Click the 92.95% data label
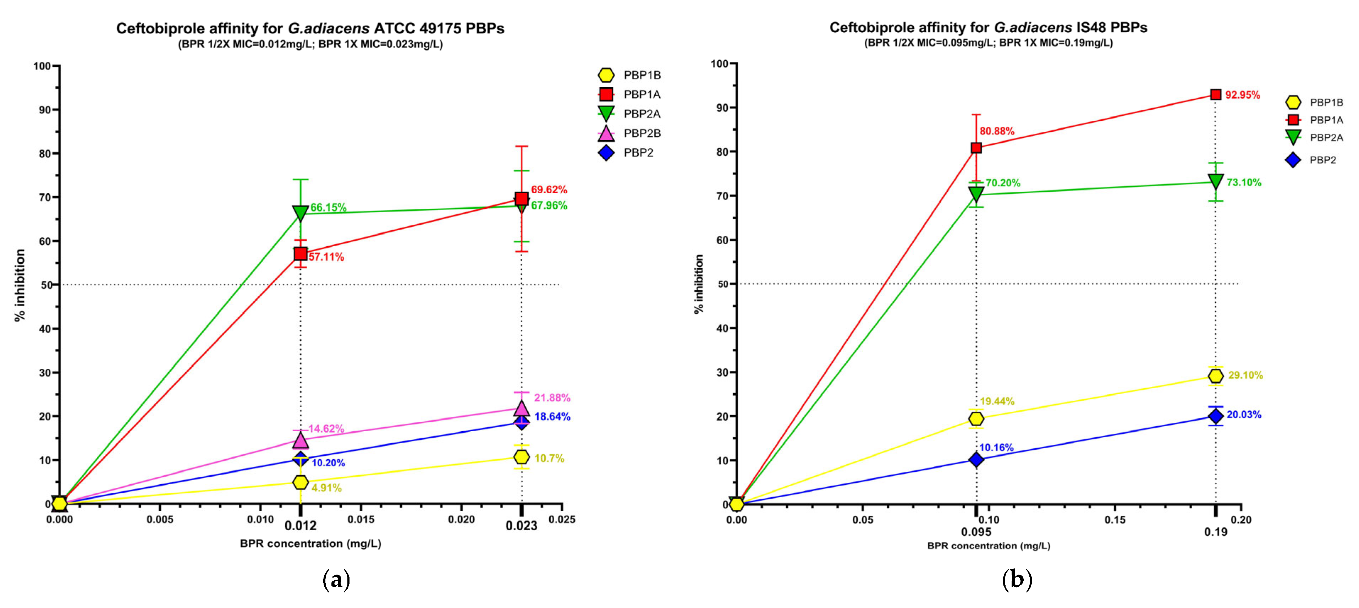1242,95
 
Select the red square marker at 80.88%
976,148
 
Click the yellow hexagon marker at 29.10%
1216,376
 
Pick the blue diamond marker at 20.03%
1216,416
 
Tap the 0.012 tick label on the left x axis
300,526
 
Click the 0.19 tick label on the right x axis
1216,532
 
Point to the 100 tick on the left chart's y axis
42,66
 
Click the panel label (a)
336,580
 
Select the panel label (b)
1017,580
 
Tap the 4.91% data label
326,488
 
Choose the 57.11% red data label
326,257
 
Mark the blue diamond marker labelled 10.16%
976,460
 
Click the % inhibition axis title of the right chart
699,284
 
